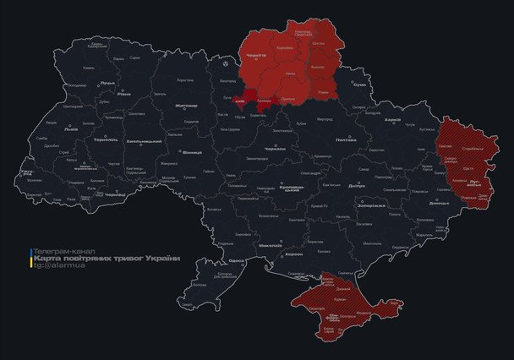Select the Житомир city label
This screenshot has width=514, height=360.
(x=185, y=106)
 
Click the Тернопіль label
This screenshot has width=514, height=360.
(x=106, y=139)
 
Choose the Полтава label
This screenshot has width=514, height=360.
(x=345, y=139)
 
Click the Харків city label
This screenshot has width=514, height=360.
(x=392, y=120)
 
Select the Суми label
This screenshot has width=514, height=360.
(x=360, y=85)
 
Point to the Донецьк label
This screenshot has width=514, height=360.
(x=439, y=204)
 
